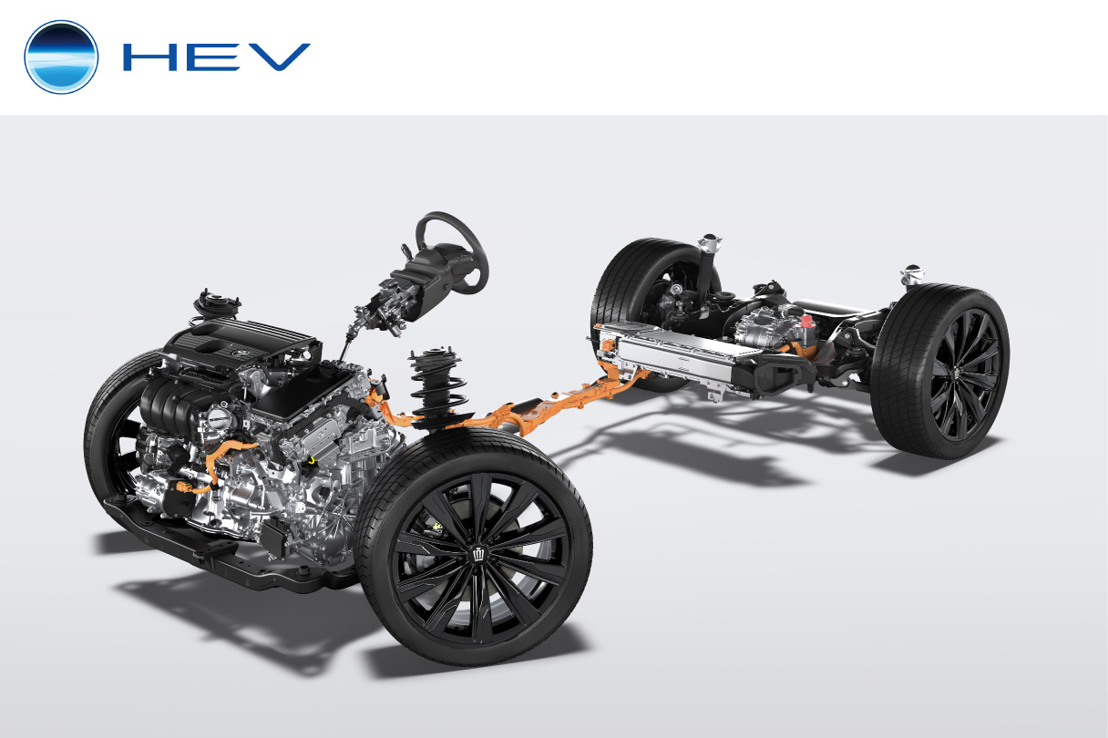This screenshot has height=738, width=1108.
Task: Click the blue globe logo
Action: pos(61,56)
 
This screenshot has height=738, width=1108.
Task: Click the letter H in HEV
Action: pos(149,56)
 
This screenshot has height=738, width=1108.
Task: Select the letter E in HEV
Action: pos(213,56)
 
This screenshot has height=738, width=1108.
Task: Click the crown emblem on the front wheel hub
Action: pos(479,554)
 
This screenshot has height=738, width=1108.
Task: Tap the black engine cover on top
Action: pos(242,342)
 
